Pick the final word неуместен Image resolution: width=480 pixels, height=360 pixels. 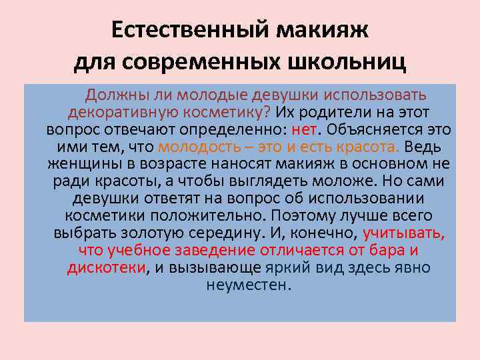249,285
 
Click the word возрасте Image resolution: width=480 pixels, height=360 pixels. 157,164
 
